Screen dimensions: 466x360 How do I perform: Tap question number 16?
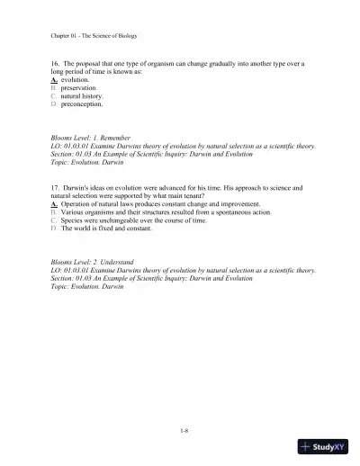[x=56, y=65]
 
